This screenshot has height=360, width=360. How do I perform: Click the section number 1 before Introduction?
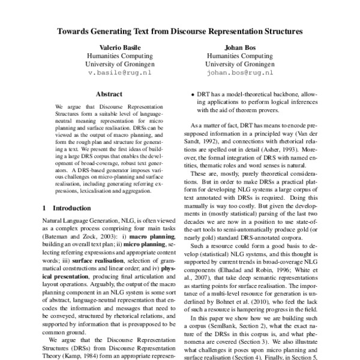(45, 208)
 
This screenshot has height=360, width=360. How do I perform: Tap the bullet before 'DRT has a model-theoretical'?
(191, 95)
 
